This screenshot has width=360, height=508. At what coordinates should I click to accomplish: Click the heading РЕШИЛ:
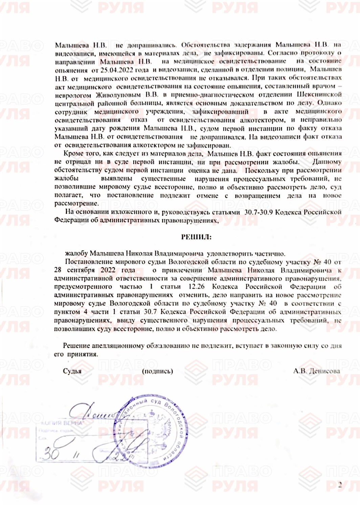coord(196,237)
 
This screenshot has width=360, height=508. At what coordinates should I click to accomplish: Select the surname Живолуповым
coord(118,95)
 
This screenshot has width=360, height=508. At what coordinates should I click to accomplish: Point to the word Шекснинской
coord(319,94)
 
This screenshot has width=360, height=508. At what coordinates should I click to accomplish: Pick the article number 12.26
coord(196,287)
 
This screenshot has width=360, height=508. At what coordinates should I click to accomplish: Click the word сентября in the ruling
coord(81,270)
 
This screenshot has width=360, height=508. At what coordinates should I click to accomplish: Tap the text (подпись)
coord(157,371)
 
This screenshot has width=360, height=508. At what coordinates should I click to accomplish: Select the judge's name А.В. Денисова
coord(316,371)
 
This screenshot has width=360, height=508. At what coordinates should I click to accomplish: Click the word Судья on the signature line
coord(72,371)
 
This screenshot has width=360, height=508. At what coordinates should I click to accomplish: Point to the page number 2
coord(340,485)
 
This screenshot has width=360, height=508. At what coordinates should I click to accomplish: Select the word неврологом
coord(73,95)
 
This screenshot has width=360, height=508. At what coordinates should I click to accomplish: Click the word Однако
coord(329,103)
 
